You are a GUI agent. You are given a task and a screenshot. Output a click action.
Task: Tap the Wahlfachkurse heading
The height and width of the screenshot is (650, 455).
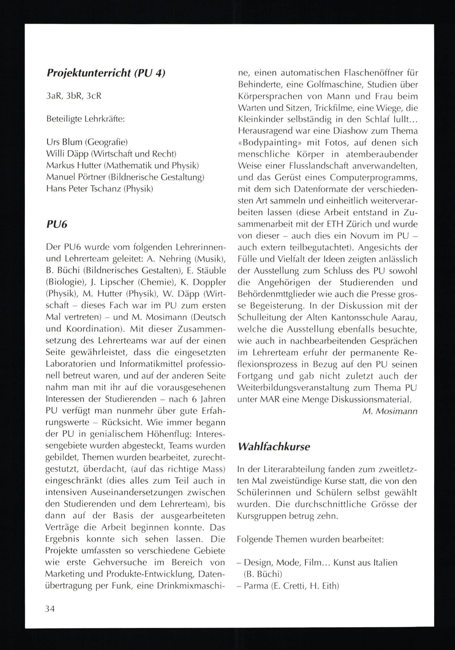(x=274, y=447)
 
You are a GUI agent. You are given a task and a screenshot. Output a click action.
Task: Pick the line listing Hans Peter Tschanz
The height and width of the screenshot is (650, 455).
(x=99, y=189)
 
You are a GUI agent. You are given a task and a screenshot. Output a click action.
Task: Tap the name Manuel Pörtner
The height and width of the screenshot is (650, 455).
(x=76, y=177)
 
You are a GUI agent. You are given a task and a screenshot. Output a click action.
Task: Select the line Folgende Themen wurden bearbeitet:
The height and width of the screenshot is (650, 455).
(x=310, y=539)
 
